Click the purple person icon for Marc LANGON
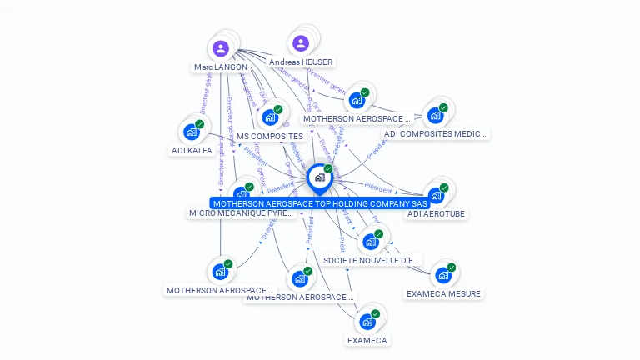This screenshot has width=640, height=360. (x=221, y=48)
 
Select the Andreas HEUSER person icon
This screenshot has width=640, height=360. (x=301, y=43)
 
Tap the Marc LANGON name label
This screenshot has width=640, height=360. (x=221, y=67)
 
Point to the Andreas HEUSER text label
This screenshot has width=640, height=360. (x=301, y=62)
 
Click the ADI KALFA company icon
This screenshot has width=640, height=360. (x=192, y=132)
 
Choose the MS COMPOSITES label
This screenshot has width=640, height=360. (x=270, y=136)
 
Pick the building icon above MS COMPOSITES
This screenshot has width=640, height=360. (x=270, y=117)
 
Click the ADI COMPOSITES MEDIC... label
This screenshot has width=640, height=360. (x=436, y=133)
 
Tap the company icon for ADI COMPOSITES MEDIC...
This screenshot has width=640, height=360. (x=435, y=115)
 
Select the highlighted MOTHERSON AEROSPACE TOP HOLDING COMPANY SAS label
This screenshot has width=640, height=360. (x=320, y=203)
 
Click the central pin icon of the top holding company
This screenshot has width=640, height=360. (x=319, y=177)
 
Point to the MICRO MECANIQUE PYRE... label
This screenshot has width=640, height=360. (x=242, y=213)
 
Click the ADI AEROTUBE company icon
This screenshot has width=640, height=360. (x=436, y=195)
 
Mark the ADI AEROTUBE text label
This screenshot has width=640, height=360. (x=436, y=214)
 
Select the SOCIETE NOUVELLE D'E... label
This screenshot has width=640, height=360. (x=371, y=261)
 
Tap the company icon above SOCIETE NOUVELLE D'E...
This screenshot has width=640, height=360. (x=371, y=242)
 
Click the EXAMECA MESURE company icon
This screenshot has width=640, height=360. (x=443, y=275)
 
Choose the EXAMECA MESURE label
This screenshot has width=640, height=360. (x=443, y=294)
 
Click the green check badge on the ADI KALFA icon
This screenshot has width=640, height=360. (x=199, y=124)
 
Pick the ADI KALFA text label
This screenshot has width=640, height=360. (x=192, y=151)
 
